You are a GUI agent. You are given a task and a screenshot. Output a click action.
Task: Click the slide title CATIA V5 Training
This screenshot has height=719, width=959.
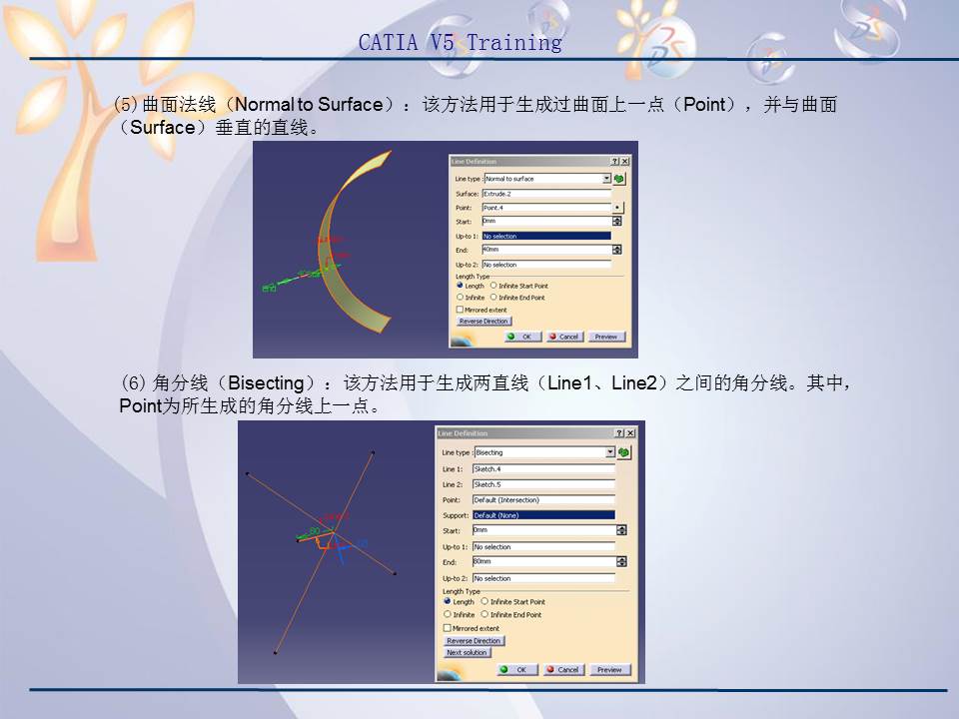point(460,43)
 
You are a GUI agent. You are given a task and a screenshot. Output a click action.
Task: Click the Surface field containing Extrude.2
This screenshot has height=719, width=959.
point(545,194)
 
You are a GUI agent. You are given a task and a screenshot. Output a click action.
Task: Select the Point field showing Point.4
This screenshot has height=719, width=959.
point(545,208)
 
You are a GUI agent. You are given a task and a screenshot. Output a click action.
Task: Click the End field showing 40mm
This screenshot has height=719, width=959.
point(545,250)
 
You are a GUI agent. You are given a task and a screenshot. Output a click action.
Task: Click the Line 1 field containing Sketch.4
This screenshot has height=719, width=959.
point(542,468)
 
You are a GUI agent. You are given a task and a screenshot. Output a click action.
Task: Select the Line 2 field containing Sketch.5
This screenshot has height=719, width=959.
point(542,484)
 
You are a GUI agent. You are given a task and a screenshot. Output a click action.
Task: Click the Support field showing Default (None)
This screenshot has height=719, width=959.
point(542,515)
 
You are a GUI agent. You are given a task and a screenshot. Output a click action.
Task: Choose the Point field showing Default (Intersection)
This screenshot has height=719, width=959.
point(542,499)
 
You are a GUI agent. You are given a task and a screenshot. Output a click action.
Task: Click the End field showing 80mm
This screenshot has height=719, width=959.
point(542,562)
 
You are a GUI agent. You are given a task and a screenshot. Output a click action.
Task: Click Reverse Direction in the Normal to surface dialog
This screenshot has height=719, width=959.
point(483,322)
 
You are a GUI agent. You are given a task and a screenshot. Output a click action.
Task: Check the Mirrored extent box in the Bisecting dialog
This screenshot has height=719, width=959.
point(448,628)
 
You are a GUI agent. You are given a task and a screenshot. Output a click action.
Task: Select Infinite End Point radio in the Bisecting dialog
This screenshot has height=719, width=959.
point(484,615)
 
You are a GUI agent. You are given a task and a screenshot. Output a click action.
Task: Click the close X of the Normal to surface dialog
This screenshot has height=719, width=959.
point(625,162)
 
